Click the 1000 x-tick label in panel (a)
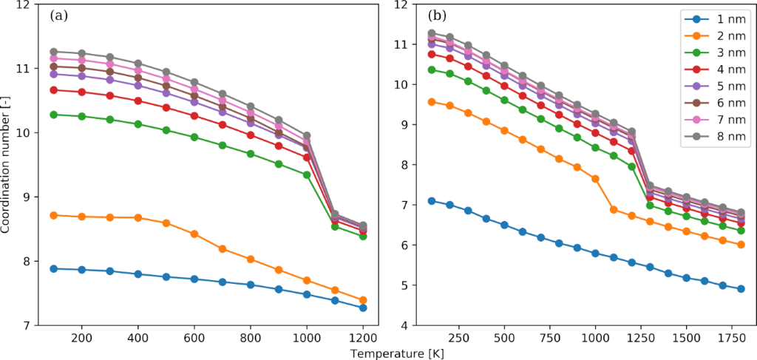[x=306, y=337]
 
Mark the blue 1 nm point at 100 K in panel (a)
[x=53, y=268]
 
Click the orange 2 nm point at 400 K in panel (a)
[x=138, y=217]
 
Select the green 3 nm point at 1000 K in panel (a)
[x=307, y=174]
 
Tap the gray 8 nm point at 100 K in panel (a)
[x=53, y=52]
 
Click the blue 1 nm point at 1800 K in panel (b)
[x=740, y=289]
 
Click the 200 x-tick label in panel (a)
[x=81, y=337]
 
